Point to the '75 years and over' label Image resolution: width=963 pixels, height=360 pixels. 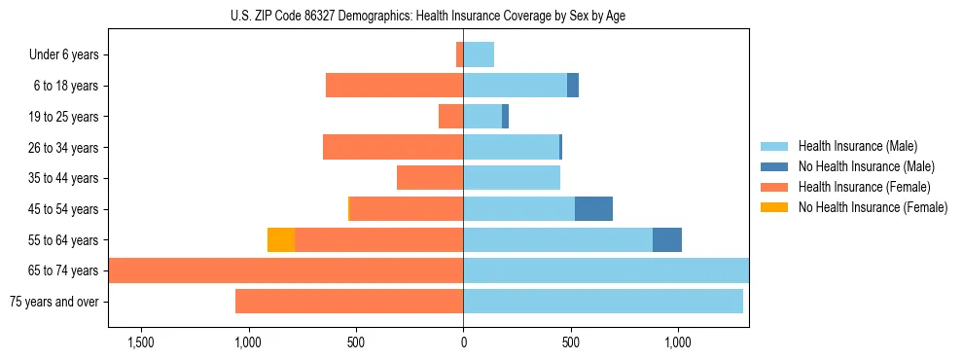pyautogui.click(x=53, y=302)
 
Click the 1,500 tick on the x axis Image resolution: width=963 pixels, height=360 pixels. pyautogui.click(x=141, y=342)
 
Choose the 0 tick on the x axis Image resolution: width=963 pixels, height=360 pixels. pyautogui.click(x=463, y=342)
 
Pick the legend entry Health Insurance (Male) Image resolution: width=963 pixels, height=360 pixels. pyautogui.click(x=857, y=146)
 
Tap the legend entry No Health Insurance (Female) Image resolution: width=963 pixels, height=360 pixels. pyautogui.click(x=873, y=207)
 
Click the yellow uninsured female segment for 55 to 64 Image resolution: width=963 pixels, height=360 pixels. pyautogui.click(x=281, y=240)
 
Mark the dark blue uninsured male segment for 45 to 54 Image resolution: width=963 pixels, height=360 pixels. pyautogui.click(x=593, y=209)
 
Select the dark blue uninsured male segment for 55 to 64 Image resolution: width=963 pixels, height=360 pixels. pyautogui.click(x=667, y=240)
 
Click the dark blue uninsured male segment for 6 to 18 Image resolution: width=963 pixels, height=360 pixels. pyautogui.click(x=573, y=86)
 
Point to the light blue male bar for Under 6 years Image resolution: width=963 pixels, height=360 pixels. pyautogui.click(x=479, y=55)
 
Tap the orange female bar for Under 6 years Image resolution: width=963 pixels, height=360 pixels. pyautogui.click(x=459, y=55)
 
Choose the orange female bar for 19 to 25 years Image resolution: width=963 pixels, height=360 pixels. pyautogui.click(x=450, y=117)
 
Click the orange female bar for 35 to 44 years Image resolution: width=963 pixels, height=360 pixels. pyautogui.click(x=430, y=178)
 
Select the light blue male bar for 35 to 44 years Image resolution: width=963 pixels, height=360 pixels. pyautogui.click(x=512, y=178)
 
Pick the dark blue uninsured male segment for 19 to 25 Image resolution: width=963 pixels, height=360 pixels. pyautogui.click(x=505, y=117)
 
